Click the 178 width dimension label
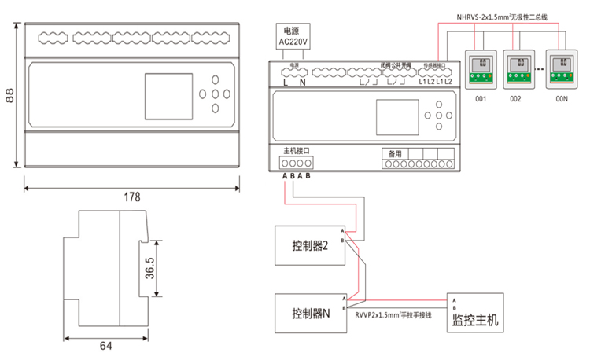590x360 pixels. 131,197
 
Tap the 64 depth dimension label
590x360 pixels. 105,346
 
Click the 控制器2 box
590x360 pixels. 308,246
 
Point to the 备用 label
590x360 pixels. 395,153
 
